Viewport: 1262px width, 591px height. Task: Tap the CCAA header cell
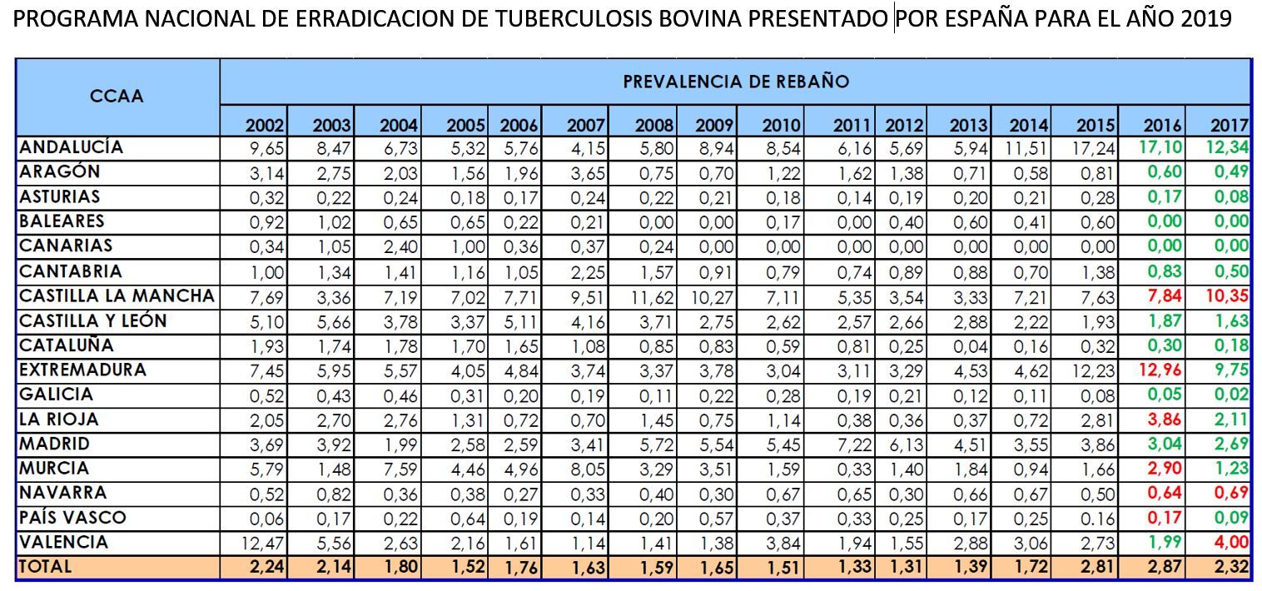(117, 96)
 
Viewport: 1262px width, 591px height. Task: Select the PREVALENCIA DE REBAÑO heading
(736, 82)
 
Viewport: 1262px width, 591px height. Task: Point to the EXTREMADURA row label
(82, 370)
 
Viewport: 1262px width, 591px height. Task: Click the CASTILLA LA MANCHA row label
(117, 295)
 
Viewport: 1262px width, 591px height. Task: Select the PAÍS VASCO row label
(72, 518)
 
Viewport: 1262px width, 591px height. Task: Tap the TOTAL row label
(46, 567)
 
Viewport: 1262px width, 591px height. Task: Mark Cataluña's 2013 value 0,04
(970, 345)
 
